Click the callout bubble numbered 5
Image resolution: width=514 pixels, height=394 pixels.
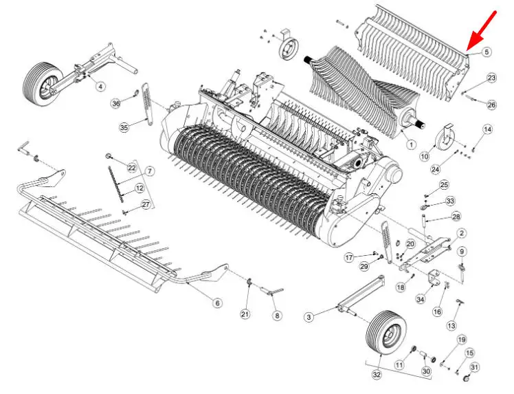pos(487,52)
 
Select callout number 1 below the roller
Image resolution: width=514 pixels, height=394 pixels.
pos(411,144)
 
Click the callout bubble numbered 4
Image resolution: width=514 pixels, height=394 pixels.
pos(100,86)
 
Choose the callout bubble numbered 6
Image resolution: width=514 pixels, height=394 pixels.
pos(217,303)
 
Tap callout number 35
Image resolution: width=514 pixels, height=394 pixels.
pos(124,127)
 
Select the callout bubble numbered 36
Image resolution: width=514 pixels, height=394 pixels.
pos(115,103)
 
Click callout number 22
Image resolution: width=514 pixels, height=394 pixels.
pos(132,168)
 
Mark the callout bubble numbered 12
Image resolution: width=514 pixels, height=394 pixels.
pos(139,188)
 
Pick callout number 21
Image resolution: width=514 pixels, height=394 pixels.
pos(245,314)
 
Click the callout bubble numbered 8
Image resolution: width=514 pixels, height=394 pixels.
pos(277,316)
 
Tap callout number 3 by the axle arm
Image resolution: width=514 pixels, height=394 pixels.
pos(310,316)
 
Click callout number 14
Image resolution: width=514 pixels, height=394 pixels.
pos(487,129)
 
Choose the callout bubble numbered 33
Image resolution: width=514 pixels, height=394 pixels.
pos(450,200)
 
